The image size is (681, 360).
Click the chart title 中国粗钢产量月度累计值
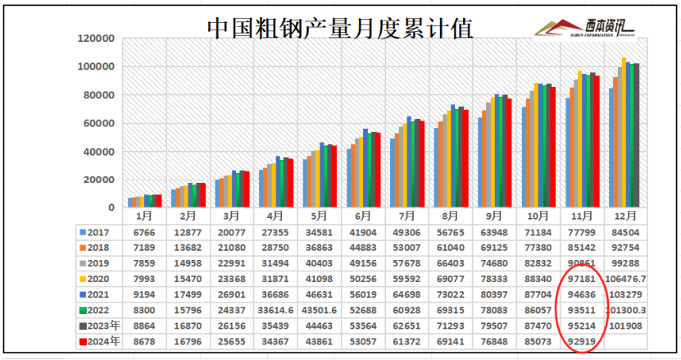(339, 29)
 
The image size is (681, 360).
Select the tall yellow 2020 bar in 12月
(624, 131)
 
